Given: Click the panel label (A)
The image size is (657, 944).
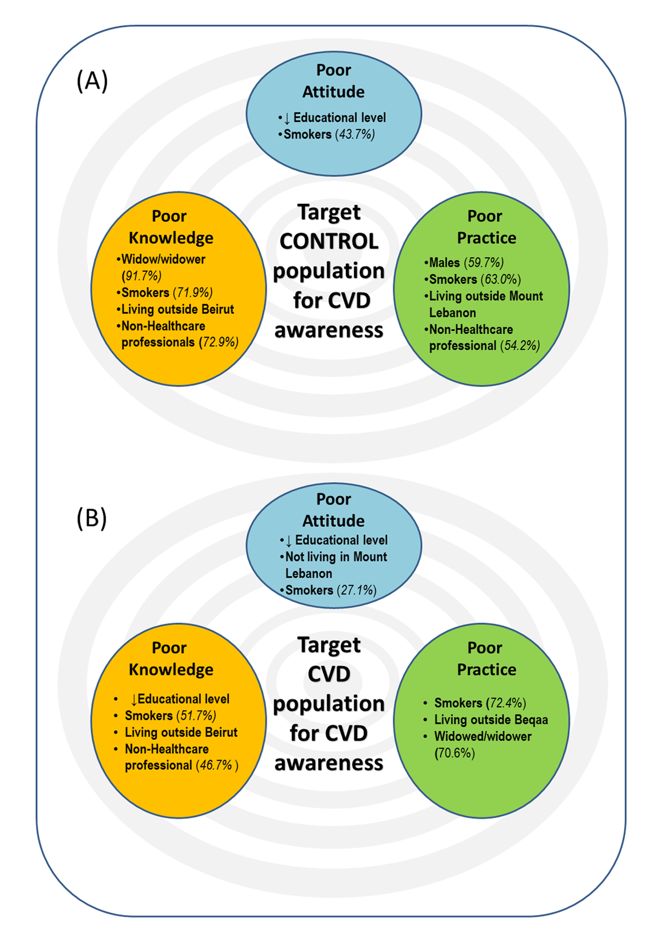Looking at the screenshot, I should coord(92,81).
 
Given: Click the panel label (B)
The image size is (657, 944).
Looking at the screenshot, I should coord(91,518).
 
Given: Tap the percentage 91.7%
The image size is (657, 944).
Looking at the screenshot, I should coord(142,276).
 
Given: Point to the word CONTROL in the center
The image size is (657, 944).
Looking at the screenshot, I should coord(329,241).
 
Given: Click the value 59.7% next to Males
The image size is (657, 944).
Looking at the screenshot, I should coord(484,262).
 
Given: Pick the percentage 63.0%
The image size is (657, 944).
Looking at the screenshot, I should coord(500,279).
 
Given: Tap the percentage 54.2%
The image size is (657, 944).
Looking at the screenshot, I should coord(520,346).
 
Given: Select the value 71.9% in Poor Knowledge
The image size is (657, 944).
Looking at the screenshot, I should coord(193,293).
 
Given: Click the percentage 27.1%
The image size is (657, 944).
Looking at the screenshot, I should coord(357,590).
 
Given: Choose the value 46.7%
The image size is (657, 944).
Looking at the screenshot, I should coord(217,765).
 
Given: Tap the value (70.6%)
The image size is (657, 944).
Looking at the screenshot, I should coord(454,753).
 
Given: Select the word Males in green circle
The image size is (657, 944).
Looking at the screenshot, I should coord(444,262).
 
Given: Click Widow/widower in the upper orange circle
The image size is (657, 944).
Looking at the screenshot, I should coord(163,259).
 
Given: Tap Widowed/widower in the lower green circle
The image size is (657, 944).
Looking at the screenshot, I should coord(482,736).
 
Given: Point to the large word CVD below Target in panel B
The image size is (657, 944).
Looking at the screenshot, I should coord(329,674).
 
